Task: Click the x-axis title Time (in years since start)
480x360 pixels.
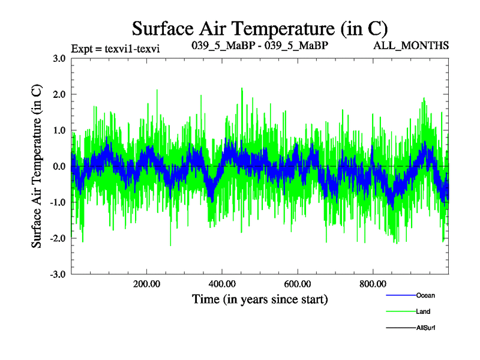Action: [260, 298]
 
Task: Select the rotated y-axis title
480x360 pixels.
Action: [37, 166]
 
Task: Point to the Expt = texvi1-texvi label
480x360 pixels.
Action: [115, 47]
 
